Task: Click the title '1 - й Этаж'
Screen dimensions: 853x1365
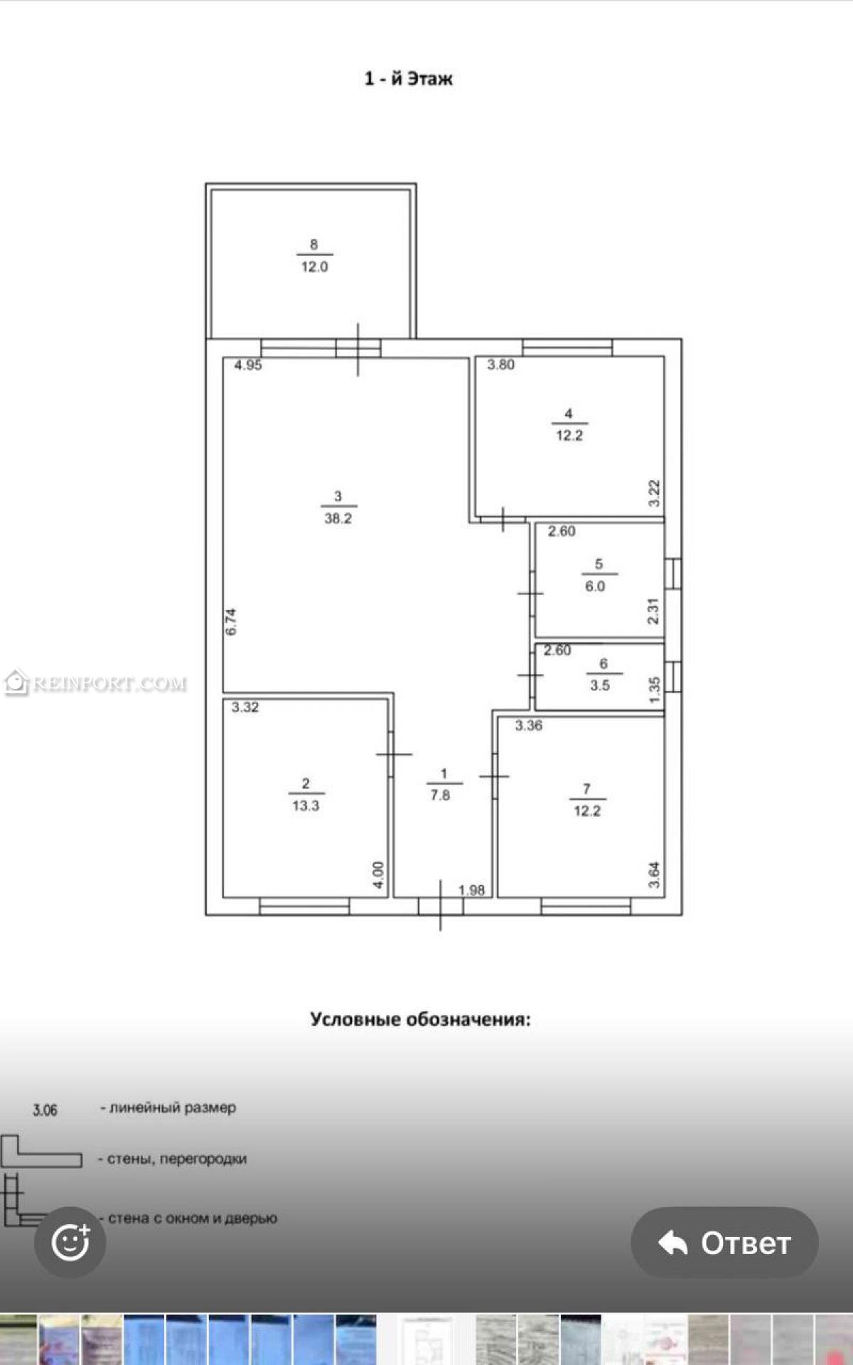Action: (408, 78)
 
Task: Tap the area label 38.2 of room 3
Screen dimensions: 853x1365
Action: (338, 519)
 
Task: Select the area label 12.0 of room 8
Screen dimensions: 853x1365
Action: (314, 267)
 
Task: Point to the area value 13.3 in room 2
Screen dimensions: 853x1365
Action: (306, 806)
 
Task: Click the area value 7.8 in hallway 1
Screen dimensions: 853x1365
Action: (440, 796)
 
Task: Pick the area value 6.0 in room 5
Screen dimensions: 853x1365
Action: (595, 587)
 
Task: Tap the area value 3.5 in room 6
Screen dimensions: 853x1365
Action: (600, 686)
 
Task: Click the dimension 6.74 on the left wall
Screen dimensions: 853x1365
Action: (230, 621)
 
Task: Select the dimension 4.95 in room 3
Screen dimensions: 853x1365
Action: (248, 365)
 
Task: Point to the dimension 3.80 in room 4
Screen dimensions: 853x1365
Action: (500, 365)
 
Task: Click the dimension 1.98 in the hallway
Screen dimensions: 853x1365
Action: (471, 890)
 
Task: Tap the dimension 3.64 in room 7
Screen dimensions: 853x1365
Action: (655, 875)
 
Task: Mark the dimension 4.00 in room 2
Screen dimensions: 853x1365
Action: (378, 875)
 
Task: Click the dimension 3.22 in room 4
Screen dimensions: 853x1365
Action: (655, 493)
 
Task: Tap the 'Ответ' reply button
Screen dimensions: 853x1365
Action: (724, 1242)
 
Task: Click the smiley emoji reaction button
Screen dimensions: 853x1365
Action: (70, 1242)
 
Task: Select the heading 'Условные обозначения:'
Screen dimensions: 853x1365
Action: (420, 1019)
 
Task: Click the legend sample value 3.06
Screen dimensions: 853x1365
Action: (45, 1110)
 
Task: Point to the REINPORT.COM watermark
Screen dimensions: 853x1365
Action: (95, 683)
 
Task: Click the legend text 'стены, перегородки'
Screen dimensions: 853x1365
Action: (177, 1159)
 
